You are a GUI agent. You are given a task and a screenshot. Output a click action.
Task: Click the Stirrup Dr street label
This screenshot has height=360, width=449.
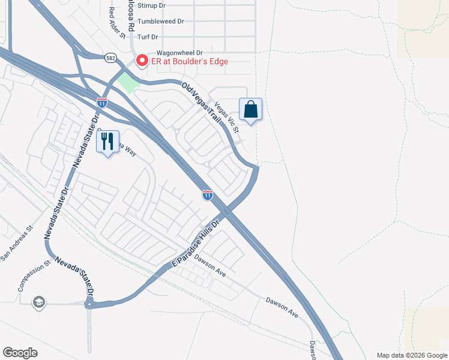click(x=151, y=5)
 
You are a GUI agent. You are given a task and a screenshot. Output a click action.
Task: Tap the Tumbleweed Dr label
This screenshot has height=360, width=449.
click(x=160, y=21)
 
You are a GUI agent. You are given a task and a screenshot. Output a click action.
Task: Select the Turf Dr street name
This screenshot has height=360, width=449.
click(x=151, y=37)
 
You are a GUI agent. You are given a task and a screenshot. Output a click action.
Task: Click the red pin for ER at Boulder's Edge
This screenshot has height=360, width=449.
click(x=142, y=60)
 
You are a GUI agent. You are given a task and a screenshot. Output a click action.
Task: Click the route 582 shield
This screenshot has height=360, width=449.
click(x=110, y=57)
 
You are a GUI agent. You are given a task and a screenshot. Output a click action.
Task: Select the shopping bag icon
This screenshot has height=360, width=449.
click(x=251, y=110)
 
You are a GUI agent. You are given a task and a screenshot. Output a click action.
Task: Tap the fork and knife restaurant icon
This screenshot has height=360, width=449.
click(x=107, y=142)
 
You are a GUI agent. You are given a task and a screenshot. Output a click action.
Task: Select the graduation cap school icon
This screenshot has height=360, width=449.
click(x=39, y=301)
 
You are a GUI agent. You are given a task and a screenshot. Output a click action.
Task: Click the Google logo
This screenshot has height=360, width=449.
click(x=20, y=353)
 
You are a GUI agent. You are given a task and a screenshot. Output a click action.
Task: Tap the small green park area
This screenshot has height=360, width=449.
click(x=128, y=82)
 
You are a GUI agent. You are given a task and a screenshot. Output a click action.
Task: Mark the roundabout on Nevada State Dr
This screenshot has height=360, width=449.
click(x=89, y=305)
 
